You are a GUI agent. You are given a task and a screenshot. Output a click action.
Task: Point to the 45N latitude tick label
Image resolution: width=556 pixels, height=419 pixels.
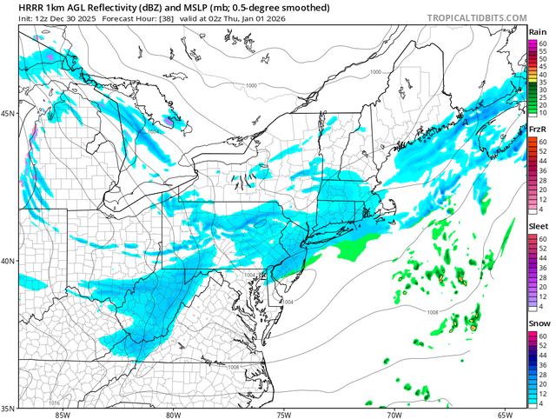pos(8,114)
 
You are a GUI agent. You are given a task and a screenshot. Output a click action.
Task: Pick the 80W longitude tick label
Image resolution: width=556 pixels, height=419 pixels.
pos(172,414)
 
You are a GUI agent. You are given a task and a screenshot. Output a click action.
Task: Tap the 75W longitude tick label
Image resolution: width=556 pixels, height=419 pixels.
pos(283,414)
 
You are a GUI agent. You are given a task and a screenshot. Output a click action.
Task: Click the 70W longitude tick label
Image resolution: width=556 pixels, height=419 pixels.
pos(394,414)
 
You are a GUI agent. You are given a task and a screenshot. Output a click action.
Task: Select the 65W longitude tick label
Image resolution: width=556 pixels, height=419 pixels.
pos(504,414)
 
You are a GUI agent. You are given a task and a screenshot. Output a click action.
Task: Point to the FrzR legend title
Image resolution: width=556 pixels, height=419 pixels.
pos(538,130)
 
